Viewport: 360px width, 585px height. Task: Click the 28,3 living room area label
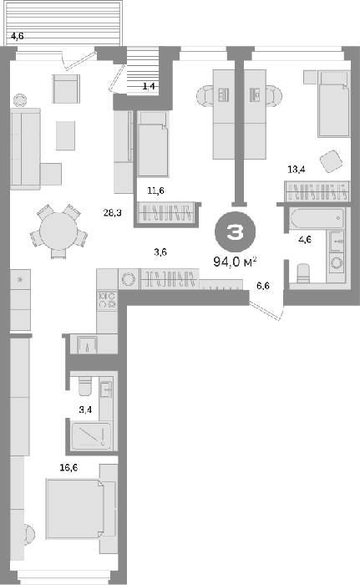112,213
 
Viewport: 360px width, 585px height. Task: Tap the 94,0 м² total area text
235,262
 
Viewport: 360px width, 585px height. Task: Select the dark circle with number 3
235,232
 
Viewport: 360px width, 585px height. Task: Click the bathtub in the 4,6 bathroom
317,220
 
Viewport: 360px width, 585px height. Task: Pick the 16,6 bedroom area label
69,467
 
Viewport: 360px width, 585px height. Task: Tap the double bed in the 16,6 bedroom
75,509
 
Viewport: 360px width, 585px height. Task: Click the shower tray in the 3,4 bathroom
91,435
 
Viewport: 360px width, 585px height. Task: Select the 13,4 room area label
297,170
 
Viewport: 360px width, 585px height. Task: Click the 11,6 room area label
155,191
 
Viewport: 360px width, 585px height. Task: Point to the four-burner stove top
107,300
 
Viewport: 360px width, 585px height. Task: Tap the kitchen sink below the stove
88,344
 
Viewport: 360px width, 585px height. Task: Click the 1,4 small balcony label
149,87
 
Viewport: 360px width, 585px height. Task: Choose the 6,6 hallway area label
263,286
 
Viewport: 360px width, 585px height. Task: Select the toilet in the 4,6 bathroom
303,274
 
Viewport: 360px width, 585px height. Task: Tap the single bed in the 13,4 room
333,104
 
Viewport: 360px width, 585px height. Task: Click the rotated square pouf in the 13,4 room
331,161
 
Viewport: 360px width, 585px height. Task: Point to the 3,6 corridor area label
160,252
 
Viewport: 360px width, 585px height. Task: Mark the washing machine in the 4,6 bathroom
337,263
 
